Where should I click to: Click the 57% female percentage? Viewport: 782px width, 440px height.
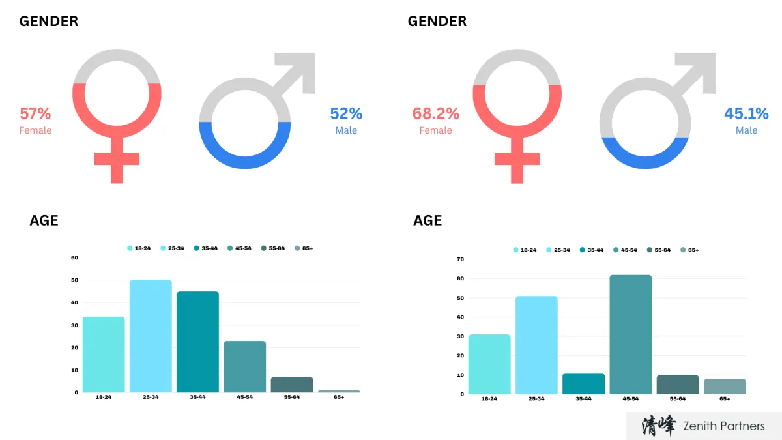(35, 113)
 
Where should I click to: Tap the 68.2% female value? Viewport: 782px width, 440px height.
(435, 113)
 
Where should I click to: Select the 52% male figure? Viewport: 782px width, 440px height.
(346, 113)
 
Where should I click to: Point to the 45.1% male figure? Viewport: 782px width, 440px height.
(746, 113)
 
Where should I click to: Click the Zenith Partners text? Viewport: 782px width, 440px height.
(723, 426)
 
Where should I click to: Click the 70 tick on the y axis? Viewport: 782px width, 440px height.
(460, 259)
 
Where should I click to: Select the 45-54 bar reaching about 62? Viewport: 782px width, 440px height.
(631, 334)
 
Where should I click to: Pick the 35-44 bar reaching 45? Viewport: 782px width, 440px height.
(197, 342)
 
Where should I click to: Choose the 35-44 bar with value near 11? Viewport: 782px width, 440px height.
(583, 383)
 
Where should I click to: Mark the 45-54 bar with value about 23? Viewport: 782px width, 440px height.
(244, 366)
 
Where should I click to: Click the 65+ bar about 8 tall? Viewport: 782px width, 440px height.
(725, 387)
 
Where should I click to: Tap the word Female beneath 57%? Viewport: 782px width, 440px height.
(35, 130)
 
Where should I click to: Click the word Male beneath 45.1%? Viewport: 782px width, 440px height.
(746, 130)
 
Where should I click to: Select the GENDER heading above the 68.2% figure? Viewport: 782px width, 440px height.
(437, 22)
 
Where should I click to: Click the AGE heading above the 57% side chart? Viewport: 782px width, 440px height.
(44, 220)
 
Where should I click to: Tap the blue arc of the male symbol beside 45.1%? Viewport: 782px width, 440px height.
(644, 160)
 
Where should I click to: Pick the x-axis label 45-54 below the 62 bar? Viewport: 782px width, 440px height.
(630, 398)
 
